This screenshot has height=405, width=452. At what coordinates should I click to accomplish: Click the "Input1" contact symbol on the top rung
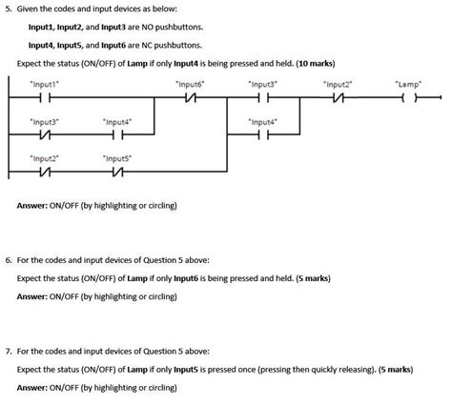coord(45,97)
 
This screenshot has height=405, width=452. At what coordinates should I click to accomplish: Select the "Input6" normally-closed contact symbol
coord(190,97)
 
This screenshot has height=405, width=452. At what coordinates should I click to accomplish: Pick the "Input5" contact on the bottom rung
coord(117,172)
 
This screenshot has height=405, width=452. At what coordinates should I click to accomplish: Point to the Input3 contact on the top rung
coord(262,97)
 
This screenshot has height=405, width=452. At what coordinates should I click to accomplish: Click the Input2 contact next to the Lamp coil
coord(337,97)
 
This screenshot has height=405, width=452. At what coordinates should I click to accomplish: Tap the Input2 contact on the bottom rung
coord(45,172)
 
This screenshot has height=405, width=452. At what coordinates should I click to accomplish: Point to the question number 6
coord(8,259)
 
